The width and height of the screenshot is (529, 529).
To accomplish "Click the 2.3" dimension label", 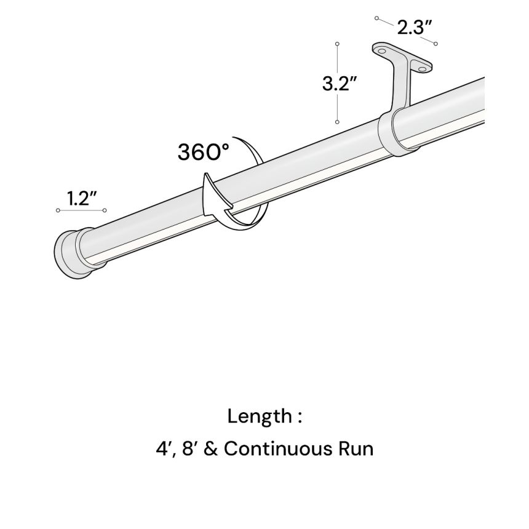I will click(413, 27).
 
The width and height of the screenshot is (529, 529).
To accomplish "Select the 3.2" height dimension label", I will click(340, 84).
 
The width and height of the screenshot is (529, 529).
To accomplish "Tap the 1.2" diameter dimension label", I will click(83, 198).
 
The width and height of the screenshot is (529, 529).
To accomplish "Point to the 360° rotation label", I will click(203, 151).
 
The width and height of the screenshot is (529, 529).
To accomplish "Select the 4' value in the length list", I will click(163, 448).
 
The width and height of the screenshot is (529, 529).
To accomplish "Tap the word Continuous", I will click(276, 448).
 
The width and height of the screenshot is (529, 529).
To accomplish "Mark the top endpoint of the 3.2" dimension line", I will click(337, 44).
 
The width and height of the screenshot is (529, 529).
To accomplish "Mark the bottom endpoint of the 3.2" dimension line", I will click(337, 122).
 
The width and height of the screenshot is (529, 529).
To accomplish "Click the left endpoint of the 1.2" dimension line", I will click(58, 211).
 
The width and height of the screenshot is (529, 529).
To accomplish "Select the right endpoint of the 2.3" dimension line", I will click(436, 43).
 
